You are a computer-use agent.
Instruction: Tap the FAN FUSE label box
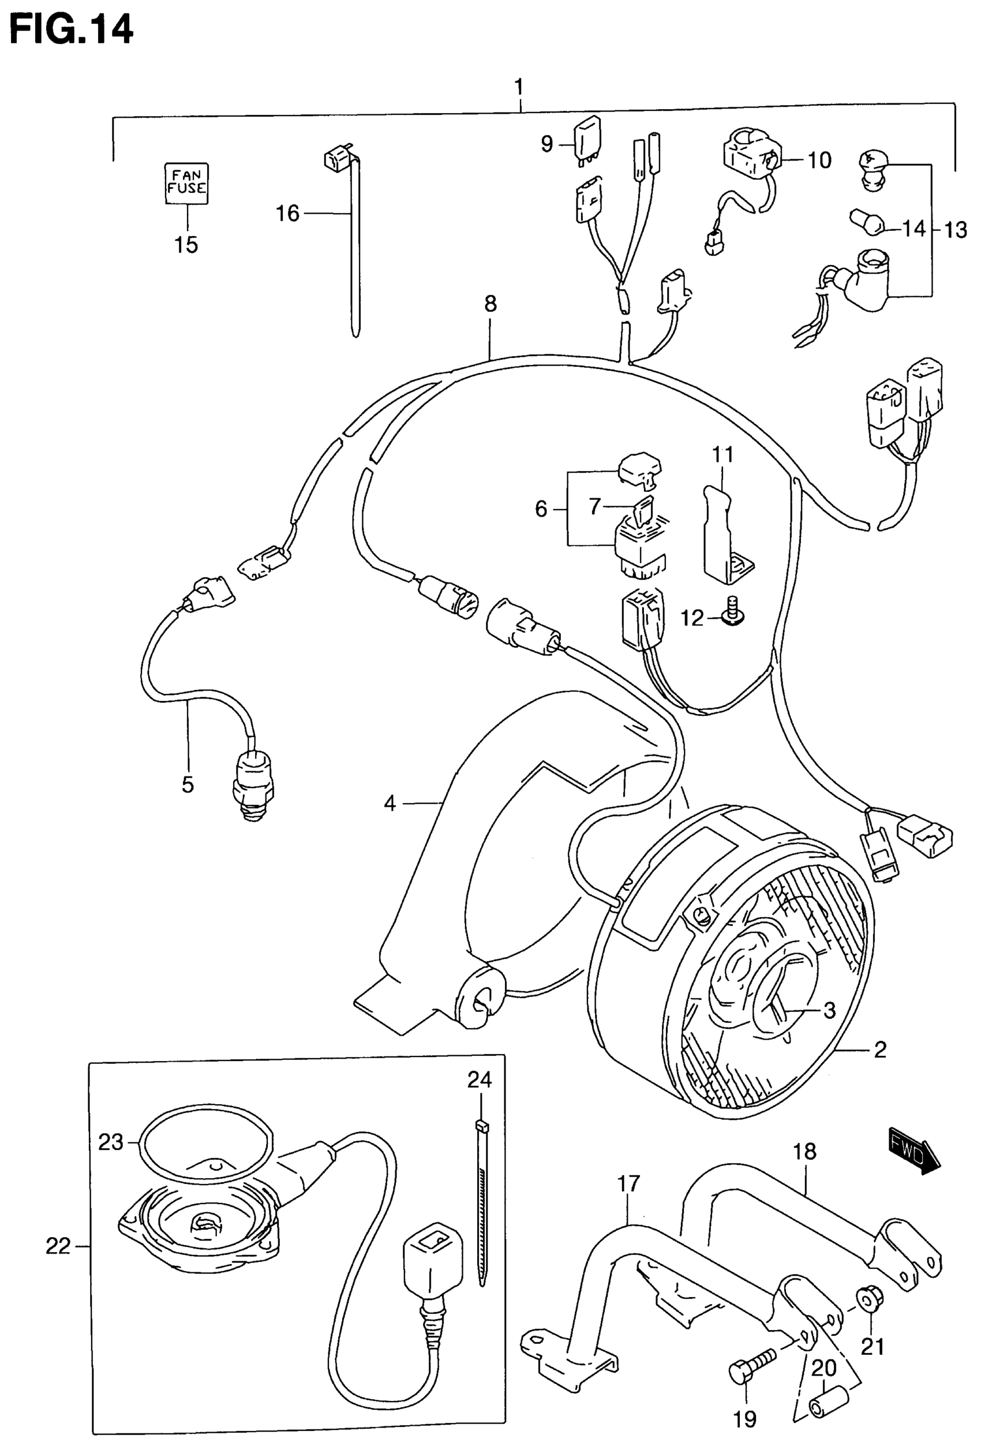click(x=186, y=183)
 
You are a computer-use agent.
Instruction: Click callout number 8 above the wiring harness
click(x=490, y=304)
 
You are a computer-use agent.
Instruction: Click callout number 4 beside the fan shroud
click(x=390, y=803)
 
